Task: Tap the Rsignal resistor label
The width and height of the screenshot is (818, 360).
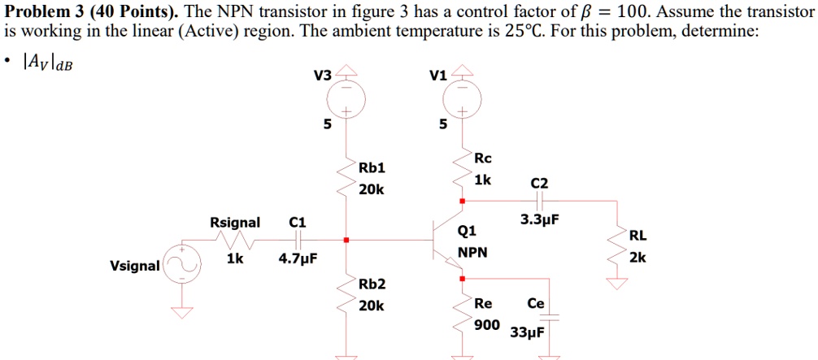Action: [235, 223]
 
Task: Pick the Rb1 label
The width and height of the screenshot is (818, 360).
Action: [372, 168]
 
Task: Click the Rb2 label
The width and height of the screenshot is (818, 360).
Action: [372, 284]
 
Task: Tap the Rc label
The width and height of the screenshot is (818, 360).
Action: [483, 158]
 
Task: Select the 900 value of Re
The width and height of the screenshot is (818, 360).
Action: [487, 325]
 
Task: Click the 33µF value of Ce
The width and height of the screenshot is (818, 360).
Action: [528, 332]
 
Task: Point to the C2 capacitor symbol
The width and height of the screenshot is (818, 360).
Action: [540, 201]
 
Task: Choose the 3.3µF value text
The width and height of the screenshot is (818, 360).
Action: [540, 219]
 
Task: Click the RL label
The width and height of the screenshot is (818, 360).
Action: [638, 236]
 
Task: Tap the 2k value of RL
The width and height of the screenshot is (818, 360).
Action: [638, 258]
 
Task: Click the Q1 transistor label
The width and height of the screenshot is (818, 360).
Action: [467, 230]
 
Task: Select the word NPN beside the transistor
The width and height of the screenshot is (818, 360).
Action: [472, 253]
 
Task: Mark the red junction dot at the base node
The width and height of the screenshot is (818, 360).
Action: [346, 240]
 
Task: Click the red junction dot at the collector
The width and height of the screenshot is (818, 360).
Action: [462, 201]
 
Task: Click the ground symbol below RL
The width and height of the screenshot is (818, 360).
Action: [618, 284]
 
